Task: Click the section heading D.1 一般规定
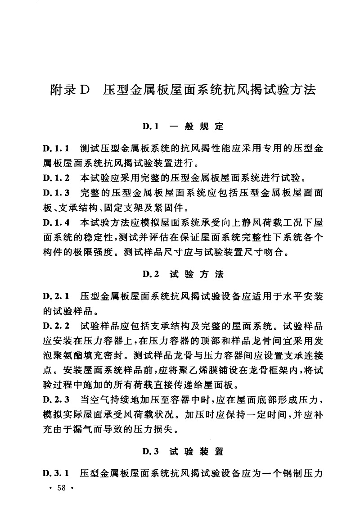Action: pos(183,127)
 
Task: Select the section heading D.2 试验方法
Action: pos(183,274)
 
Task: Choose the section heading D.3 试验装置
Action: pos(183,450)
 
